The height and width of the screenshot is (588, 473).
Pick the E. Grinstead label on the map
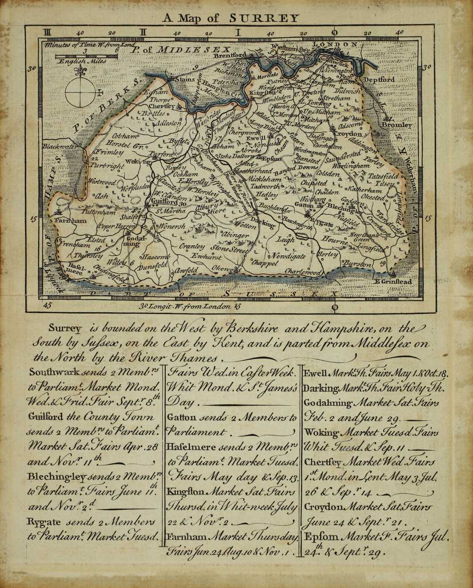pos(394,282)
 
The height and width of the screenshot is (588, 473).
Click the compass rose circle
pos(80,93)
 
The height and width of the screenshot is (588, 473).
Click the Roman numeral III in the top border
pos(48,32)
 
